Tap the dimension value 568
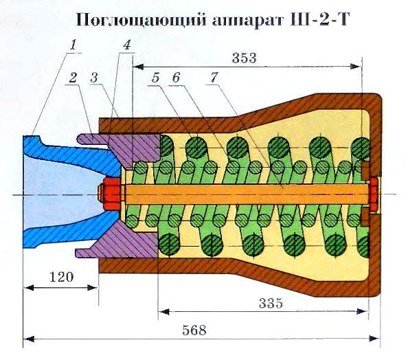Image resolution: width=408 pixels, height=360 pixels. click(197, 329)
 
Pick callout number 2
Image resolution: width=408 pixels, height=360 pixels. click(71, 78)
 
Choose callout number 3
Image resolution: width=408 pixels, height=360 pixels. click(95, 78)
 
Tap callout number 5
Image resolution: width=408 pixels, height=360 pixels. click(156, 78)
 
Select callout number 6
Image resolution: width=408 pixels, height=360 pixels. click(177, 78)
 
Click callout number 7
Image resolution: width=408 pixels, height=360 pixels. click(214, 78)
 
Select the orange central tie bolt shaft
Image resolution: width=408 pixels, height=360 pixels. click(240, 192)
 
